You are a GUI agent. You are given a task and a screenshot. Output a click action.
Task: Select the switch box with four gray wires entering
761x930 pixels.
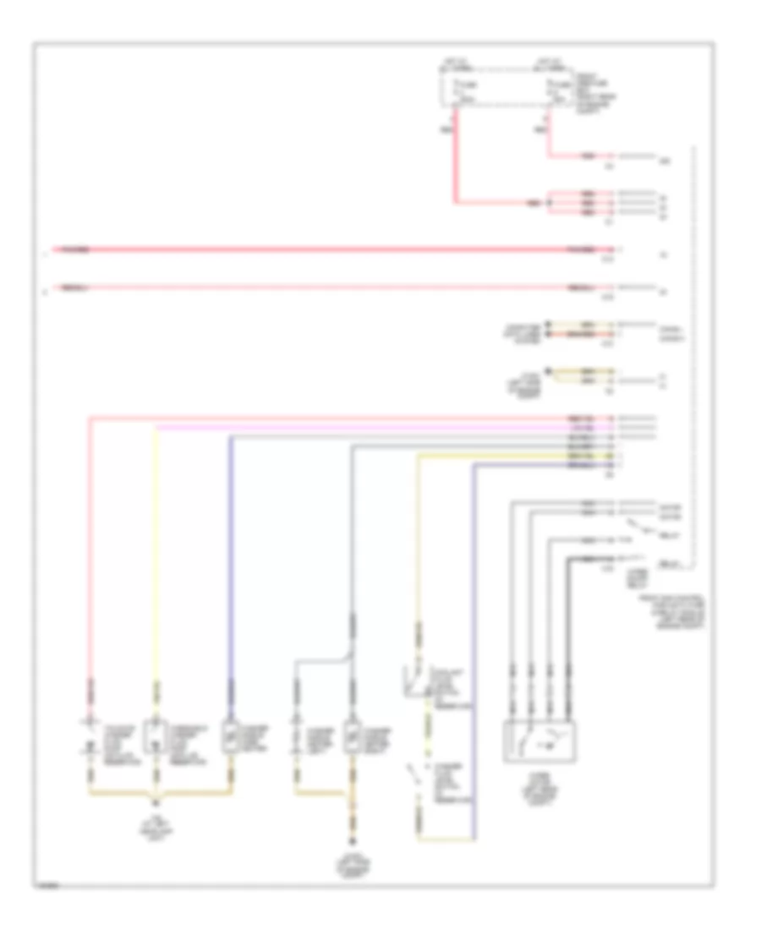(539, 742)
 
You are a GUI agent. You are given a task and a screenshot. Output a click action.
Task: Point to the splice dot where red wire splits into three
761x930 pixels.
(549, 204)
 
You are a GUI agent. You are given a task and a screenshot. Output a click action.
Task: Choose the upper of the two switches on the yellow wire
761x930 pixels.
(414, 676)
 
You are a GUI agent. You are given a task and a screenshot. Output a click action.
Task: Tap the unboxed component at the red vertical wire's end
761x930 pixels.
(90, 737)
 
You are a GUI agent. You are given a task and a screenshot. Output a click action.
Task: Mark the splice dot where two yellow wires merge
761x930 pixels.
(555, 372)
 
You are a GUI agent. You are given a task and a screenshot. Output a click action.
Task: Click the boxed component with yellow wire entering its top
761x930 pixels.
(156, 737)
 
